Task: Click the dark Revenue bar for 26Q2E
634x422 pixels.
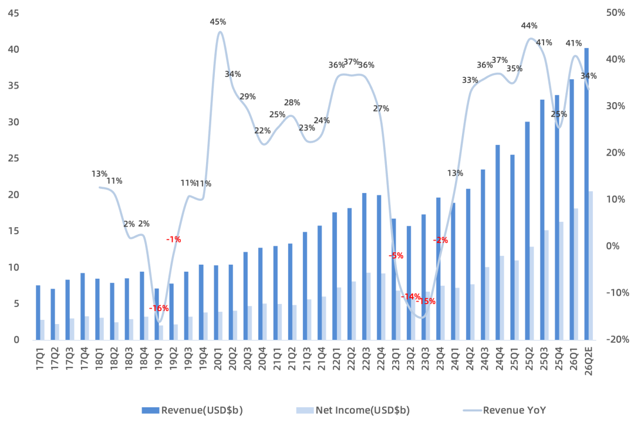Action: click(586, 194)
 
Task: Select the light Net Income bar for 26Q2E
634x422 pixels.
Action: click(591, 265)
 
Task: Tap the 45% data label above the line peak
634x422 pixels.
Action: click(218, 22)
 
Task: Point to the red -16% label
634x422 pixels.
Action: click(159, 308)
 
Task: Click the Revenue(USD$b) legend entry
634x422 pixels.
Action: click(193, 410)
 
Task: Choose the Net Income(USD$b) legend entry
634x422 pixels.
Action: click(353, 410)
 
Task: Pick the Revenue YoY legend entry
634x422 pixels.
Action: click(504, 410)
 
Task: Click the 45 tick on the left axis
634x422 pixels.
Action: click(14, 13)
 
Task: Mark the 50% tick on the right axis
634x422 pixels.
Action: click(615, 13)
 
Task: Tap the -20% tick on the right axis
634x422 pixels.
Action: click(617, 340)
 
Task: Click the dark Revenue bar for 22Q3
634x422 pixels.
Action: click(365, 266)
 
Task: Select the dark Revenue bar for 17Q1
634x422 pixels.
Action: click(38, 312)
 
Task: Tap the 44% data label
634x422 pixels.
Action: click(529, 26)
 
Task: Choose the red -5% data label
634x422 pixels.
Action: click(396, 255)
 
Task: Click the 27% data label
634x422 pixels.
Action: click(381, 109)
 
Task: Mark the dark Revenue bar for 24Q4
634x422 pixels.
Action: click(497, 242)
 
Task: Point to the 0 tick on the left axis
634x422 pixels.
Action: click(16, 340)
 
